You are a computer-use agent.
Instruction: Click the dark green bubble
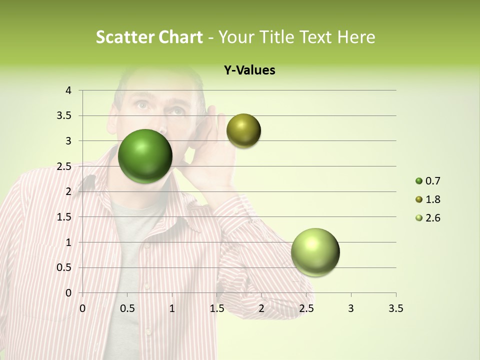(x=145, y=156)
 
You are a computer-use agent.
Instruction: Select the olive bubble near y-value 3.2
(x=243, y=130)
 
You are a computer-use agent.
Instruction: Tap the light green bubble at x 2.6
(x=315, y=252)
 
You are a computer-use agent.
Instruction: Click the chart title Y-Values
(x=249, y=70)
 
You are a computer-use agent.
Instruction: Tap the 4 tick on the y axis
(x=69, y=90)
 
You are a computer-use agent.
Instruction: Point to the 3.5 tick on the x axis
(x=395, y=308)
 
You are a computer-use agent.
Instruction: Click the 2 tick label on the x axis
(x=261, y=308)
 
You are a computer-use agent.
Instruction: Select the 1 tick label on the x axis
(x=172, y=308)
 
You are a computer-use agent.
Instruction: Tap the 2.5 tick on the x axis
(x=306, y=308)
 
